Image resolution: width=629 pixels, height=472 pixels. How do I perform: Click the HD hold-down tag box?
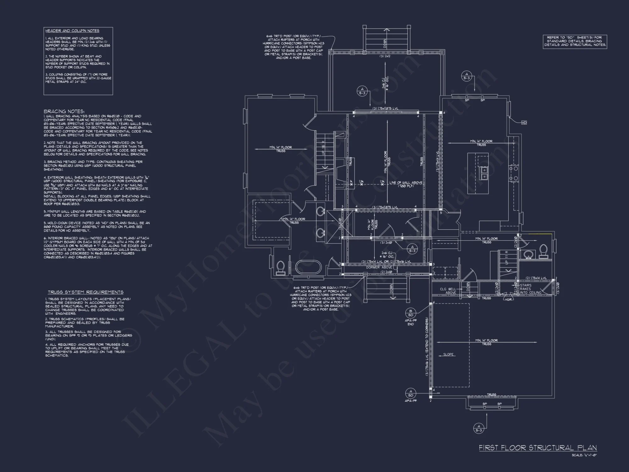point(524,123)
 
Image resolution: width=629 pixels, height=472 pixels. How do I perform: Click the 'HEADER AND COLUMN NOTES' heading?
point(72,31)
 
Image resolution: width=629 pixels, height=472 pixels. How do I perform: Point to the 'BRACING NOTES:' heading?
point(64,111)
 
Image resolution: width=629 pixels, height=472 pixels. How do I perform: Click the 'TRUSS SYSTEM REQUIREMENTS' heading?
point(86,292)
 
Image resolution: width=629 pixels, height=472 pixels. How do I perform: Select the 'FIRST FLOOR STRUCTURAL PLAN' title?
point(537,447)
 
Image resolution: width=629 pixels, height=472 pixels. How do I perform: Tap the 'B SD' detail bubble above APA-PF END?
point(410,313)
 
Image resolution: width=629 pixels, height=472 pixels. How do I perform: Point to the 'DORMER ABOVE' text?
point(379,267)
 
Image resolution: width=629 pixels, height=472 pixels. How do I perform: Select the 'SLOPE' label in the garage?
point(448,355)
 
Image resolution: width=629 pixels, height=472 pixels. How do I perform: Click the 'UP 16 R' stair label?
point(323,148)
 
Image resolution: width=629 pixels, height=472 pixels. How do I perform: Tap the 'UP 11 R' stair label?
point(507,258)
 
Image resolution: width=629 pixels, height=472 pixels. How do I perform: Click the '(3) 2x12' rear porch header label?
point(385,56)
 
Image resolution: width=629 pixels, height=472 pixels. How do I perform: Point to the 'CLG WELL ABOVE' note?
point(448,291)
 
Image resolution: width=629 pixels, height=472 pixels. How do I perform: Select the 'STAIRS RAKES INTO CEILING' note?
point(530,289)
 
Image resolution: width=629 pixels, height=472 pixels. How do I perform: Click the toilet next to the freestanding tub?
point(281,267)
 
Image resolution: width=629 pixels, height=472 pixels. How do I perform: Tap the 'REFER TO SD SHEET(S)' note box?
point(575,41)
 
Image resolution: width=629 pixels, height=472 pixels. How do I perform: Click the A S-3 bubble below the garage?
point(478,428)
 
